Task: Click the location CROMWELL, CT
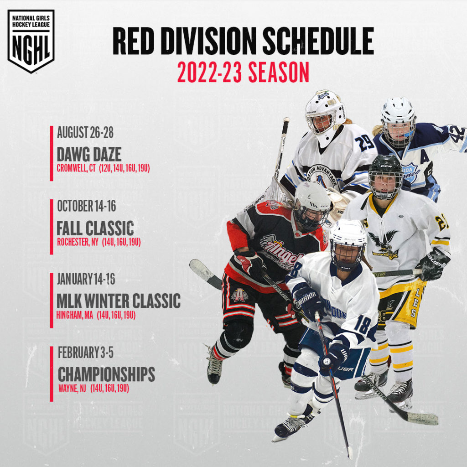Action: pos(76,168)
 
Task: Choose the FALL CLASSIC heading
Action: pos(95,227)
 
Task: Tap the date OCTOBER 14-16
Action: pos(87,206)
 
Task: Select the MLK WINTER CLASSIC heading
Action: pos(119,301)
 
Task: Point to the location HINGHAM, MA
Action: pos(75,314)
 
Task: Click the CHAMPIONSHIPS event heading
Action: pos(106,375)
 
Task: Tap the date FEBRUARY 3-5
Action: pos(86,353)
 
